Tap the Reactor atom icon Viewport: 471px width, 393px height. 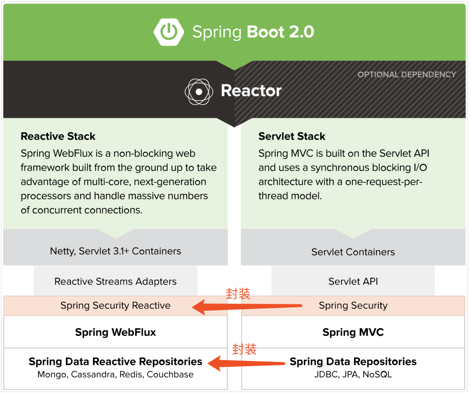pos(199,92)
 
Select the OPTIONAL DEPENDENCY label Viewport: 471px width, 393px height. pos(406,75)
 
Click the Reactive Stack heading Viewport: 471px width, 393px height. pos(58,136)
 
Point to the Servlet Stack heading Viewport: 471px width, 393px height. pos(292,136)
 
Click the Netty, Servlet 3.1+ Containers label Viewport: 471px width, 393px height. pos(115,251)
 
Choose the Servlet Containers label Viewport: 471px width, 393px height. pos(353,252)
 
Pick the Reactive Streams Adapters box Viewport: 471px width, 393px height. pos(115,282)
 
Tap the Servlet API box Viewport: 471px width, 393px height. pos(353,282)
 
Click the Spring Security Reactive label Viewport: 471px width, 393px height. pos(115,305)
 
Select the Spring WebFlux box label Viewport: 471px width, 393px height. pos(115,332)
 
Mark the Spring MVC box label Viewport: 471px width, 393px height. pos(353,332)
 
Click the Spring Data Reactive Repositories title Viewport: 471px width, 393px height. pos(115,362)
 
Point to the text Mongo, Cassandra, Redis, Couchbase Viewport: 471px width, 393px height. pos(115,375)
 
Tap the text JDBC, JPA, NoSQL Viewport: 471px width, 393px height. pos(353,375)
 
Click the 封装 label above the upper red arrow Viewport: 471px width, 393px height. pos(238,294)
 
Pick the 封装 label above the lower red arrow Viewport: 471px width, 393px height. pos(244,349)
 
